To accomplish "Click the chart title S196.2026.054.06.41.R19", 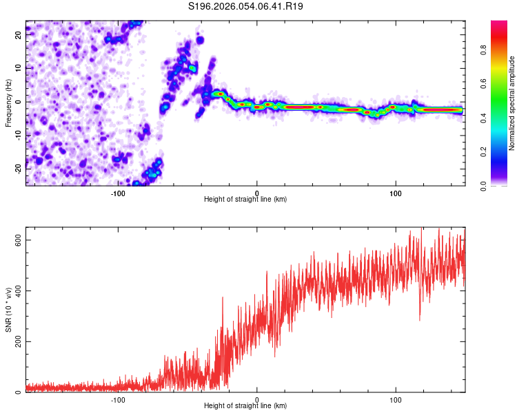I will pyautogui.click(x=246, y=6).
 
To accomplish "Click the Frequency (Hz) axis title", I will pyautogui.click(x=8, y=103).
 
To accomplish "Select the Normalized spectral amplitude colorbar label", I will pyautogui.click(x=511, y=103).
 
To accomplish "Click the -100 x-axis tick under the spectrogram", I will pyautogui.click(x=118, y=193).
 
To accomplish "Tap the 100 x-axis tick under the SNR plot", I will pyautogui.click(x=396, y=400).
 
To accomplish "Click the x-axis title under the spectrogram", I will pyautogui.click(x=245, y=200).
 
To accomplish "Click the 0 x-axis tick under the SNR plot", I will pyautogui.click(x=257, y=400).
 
